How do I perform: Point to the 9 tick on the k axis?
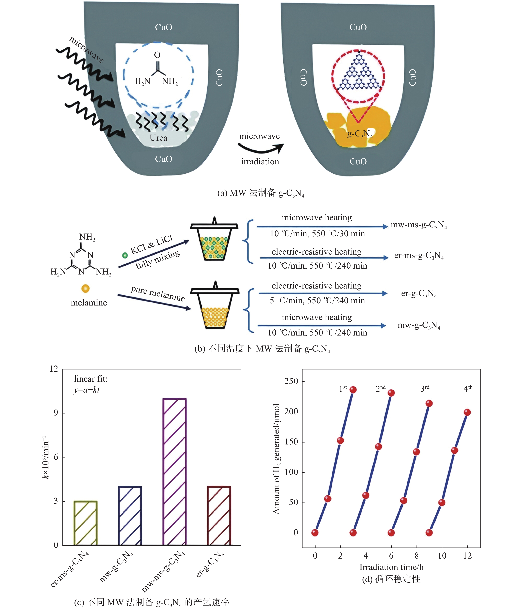click(x=56, y=413)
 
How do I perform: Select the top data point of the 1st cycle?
click(x=353, y=390)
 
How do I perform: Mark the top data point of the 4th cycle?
click(x=467, y=412)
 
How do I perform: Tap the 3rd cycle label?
click(x=425, y=388)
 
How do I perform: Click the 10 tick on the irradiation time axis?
click(x=442, y=556)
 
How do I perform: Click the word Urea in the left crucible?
click(x=159, y=138)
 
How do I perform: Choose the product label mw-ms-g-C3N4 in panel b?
click(x=419, y=225)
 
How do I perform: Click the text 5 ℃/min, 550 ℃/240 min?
click(x=317, y=301)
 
